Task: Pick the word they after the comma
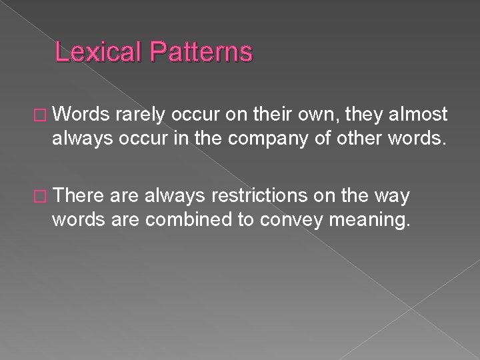[x=353, y=114]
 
